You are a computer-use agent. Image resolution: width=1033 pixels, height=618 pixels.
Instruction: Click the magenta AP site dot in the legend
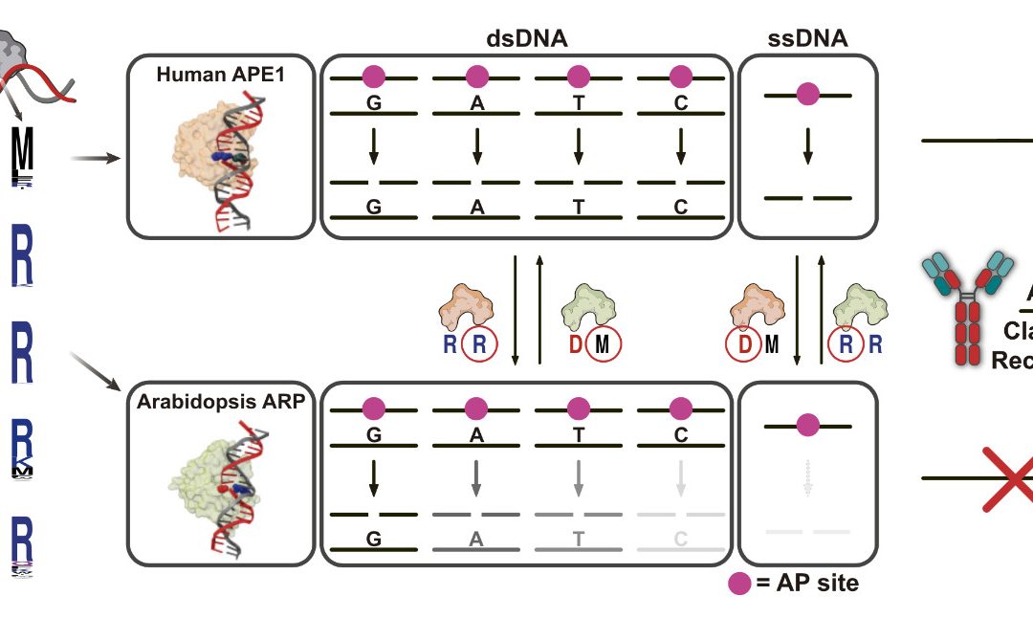click(738, 583)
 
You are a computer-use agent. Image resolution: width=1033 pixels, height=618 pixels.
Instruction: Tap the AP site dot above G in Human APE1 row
click(374, 76)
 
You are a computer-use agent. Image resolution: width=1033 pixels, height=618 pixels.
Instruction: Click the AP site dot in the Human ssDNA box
click(808, 95)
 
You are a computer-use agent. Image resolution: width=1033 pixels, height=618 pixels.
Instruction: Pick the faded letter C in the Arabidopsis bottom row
click(680, 538)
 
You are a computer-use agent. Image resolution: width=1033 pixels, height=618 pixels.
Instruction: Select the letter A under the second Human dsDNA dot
click(476, 104)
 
